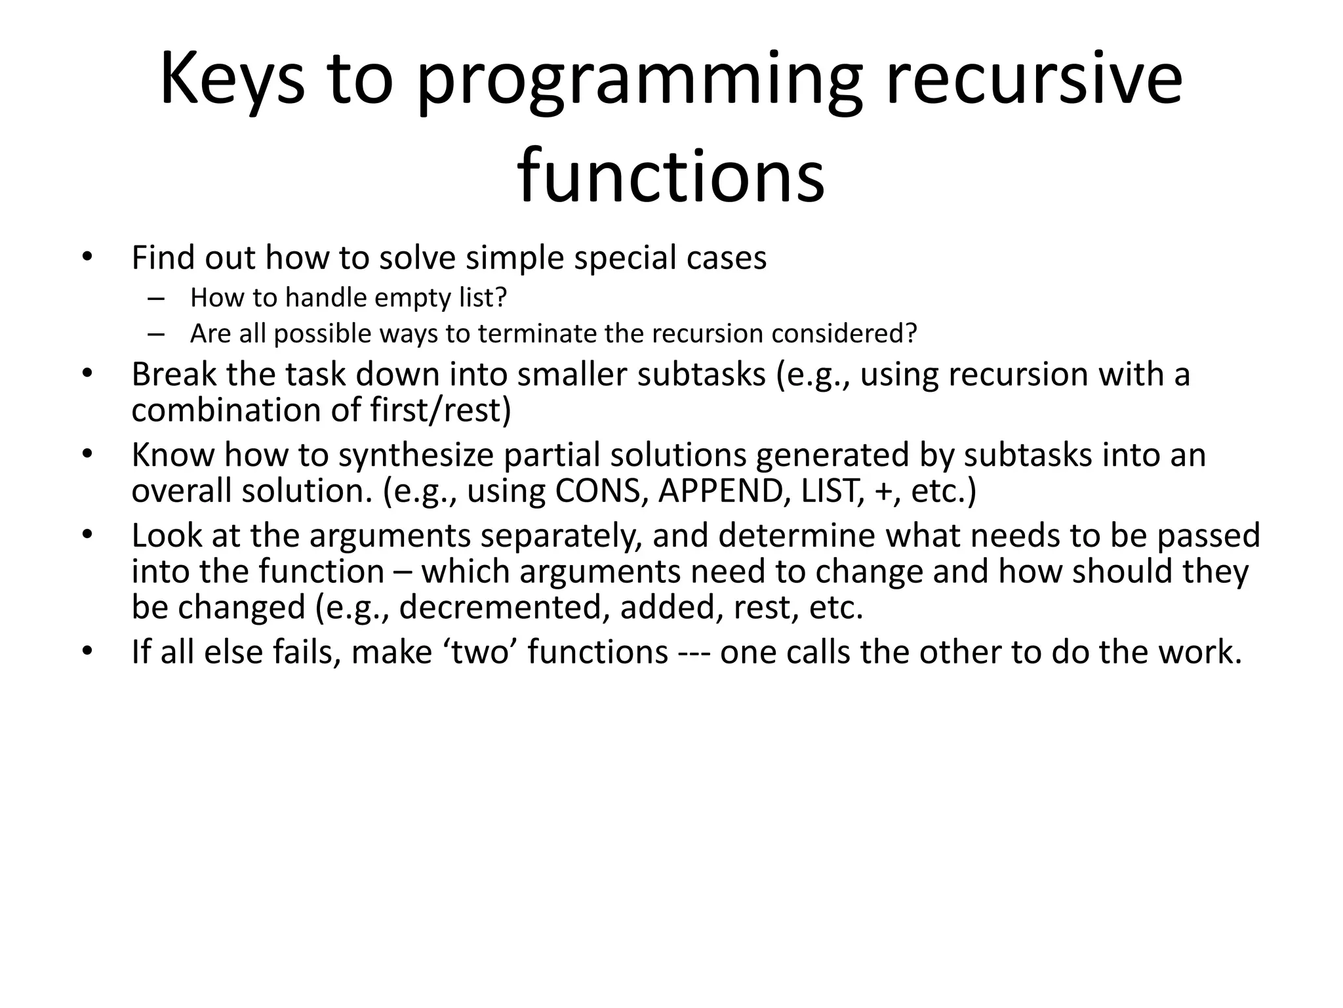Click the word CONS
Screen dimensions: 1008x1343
(597, 491)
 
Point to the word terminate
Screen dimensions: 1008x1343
(537, 334)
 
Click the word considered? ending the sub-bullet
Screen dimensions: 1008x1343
(844, 334)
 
